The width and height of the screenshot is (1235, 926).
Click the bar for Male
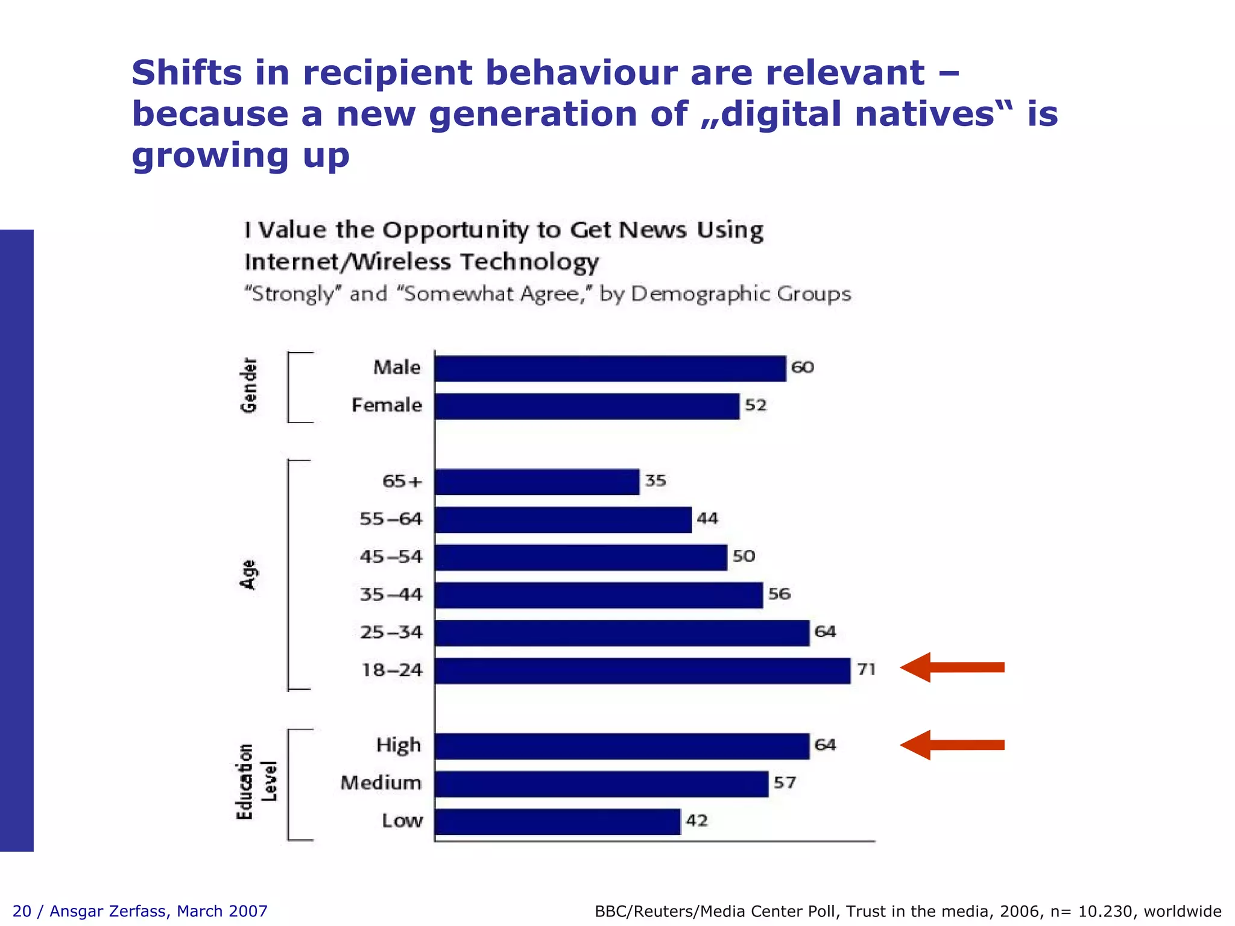[610, 368]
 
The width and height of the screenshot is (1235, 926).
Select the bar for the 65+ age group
[537, 482]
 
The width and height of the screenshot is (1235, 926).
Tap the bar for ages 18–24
[642, 670]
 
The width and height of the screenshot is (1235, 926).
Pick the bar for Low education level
[557, 822]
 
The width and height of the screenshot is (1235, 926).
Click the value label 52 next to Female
[756, 405]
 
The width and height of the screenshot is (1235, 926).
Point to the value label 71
[866, 669]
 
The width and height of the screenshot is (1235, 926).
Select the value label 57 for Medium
[785, 783]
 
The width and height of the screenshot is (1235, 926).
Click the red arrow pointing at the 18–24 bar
[952, 667]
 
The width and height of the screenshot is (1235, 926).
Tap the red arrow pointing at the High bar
[952, 745]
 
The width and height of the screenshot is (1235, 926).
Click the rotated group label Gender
[248, 386]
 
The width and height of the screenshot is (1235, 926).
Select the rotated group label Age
[248, 575]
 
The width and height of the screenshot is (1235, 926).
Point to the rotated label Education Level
[256, 782]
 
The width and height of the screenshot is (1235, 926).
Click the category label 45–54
[391, 557]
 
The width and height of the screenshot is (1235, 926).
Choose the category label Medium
[381, 783]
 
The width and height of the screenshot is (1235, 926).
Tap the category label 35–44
[391, 595]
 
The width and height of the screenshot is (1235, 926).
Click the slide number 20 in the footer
[22, 911]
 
